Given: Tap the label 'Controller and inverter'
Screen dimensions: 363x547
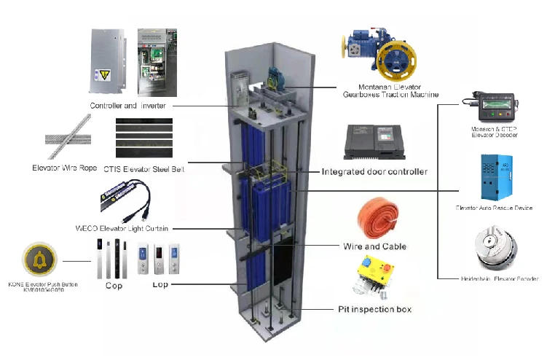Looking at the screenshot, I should [133, 106].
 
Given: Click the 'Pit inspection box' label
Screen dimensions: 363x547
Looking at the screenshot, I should [374, 309].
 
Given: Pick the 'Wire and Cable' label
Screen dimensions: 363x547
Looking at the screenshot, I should [374, 246].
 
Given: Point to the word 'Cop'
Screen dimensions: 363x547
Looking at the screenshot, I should [114, 285].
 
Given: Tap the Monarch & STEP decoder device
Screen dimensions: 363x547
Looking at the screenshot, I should [495, 107].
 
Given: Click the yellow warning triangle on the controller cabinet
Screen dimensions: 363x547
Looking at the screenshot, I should [104, 74].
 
